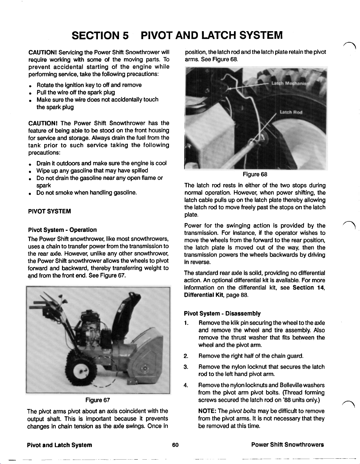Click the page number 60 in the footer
point(175,445)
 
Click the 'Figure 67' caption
point(98,400)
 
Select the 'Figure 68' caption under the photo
point(255,174)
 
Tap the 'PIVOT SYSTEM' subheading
point(49,211)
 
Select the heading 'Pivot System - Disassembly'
point(222,313)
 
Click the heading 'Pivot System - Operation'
point(62,230)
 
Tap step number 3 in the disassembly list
point(186,367)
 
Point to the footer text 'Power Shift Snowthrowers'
point(287,445)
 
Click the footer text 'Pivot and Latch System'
point(59,445)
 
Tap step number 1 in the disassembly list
point(186,323)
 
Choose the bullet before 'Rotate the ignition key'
point(30,86)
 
